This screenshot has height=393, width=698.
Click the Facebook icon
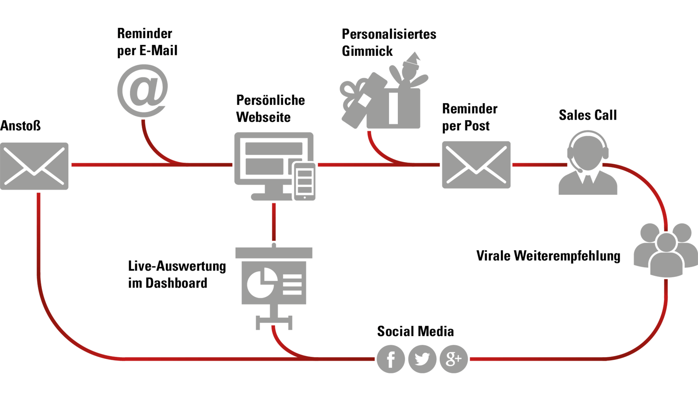(391, 359)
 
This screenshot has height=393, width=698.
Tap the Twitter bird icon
(422, 359)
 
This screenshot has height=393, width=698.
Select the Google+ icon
(454, 359)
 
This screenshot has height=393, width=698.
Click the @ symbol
(143, 90)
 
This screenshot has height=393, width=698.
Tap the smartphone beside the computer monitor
(305, 181)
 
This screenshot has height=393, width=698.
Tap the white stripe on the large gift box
(393, 108)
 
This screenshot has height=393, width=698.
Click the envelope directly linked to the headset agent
(476, 165)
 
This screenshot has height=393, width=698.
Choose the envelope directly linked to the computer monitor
(34, 166)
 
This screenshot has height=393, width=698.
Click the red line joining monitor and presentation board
(274, 222)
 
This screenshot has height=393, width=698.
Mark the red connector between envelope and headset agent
(539, 165)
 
